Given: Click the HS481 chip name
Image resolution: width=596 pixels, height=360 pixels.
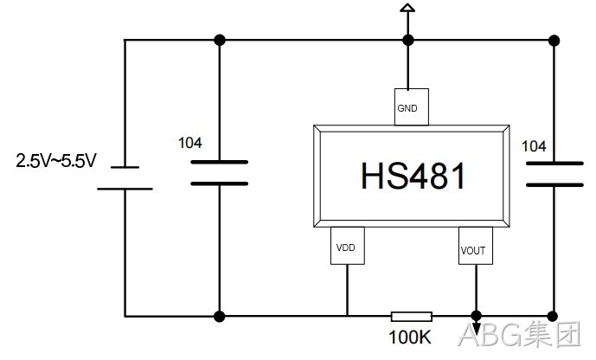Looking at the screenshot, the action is [x=413, y=176].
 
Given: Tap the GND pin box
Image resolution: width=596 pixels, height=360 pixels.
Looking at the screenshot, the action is [x=411, y=106].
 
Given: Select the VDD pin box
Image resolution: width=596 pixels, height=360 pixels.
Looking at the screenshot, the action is [x=348, y=246].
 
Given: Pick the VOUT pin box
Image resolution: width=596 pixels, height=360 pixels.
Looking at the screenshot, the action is [x=476, y=246].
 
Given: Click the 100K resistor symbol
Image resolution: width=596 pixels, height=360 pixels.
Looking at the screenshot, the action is [x=412, y=316].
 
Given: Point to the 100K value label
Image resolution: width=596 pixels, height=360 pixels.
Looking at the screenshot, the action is [x=410, y=337].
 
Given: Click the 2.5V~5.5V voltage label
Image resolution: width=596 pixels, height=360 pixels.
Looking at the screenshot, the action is [x=56, y=160].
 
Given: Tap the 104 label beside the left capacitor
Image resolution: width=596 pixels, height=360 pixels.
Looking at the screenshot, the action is [x=190, y=143].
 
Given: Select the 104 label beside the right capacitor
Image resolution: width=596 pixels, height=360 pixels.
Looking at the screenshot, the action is [x=534, y=146].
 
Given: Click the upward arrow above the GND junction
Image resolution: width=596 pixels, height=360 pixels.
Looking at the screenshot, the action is [x=407, y=9].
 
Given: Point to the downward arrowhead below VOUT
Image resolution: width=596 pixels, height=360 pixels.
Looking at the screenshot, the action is [x=476, y=329].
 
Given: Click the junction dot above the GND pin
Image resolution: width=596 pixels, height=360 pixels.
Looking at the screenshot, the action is [x=407, y=40].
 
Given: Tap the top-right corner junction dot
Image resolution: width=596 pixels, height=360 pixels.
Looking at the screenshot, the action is [x=554, y=41].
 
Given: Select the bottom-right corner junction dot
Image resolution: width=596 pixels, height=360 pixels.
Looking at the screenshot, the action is [x=553, y=316].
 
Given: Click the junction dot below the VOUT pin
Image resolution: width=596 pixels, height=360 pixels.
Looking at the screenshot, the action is [x=477, y=316].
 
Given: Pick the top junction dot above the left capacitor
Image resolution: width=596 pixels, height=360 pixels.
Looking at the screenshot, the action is [x=220, y=40].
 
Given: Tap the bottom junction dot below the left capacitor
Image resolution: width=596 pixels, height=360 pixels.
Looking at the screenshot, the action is [x=219, y=316].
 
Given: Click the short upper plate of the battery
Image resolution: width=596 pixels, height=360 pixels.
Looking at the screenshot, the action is [x=125, y=167].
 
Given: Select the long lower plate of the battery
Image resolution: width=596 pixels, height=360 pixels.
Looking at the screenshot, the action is [x=125, y=189].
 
